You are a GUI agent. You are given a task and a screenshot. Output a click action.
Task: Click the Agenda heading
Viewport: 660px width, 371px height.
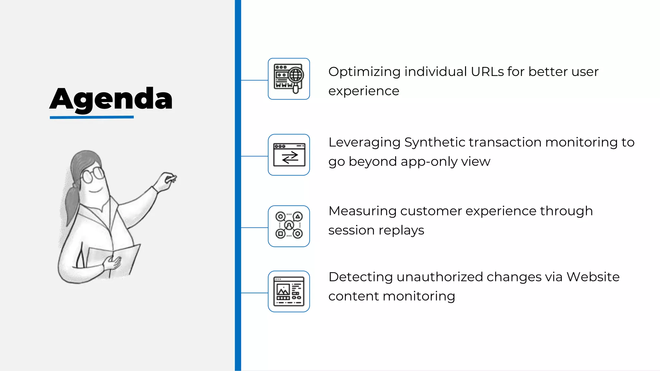coord(111,99)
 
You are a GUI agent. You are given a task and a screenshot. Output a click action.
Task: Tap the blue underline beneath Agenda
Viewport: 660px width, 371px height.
coord(92,117)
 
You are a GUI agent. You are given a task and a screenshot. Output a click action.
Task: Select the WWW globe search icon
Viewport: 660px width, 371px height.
coord(289,79)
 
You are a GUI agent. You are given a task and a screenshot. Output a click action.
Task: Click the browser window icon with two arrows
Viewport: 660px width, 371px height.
coord(289,155)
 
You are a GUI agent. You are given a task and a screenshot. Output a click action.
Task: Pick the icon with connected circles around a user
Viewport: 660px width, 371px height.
coord(289,226)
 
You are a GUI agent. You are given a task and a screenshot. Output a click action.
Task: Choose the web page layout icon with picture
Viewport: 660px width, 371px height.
coord(289,291)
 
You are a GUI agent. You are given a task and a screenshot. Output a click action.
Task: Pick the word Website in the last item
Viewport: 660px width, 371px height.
coord(593,277)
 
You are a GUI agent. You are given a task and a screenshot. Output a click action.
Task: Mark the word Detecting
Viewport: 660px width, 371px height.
coord(360,277)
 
